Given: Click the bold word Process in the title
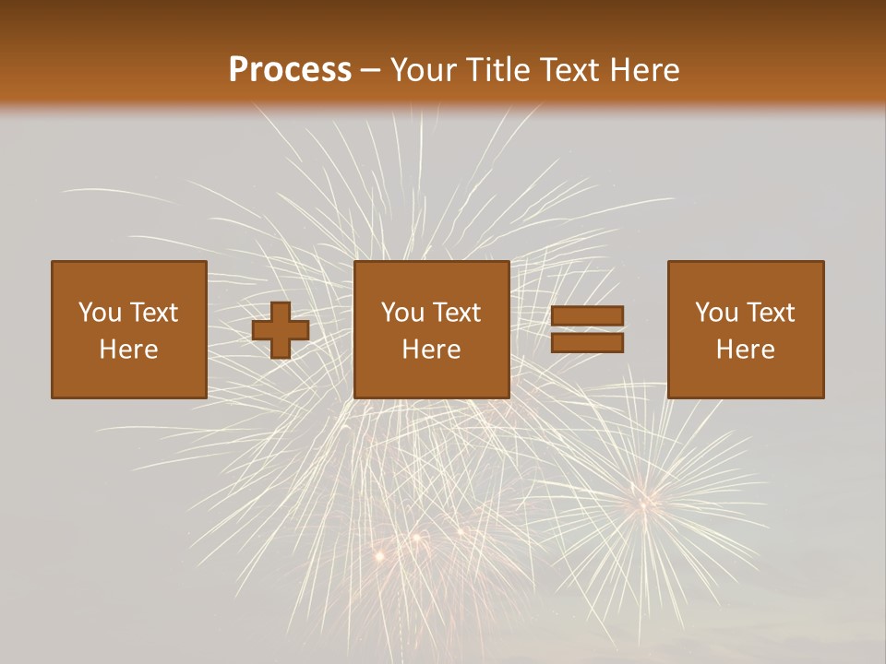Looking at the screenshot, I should click(x=290, y=70).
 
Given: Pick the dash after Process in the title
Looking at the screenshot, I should click(x=370, y=71).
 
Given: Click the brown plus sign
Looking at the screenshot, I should click(x=281, y=330).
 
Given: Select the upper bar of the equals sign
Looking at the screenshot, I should click(x=587, y=316).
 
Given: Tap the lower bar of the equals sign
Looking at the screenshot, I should click(x=587, y=343).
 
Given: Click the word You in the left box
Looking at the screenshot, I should click(x=100, y=313).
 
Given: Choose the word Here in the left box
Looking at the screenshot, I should click(x=128, y=350).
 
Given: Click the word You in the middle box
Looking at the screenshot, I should click(x=402, y=313).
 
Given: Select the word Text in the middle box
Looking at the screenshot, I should click(x=456, y=313).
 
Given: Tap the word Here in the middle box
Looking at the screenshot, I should click(x=431, y=350).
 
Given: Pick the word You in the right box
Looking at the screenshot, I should click(x=716, y=313).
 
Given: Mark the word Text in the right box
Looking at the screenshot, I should click(x=770, y=313).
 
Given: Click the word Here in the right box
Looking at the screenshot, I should click(x=745, y=350).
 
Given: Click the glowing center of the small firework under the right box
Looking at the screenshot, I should click(x=642, y=502).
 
